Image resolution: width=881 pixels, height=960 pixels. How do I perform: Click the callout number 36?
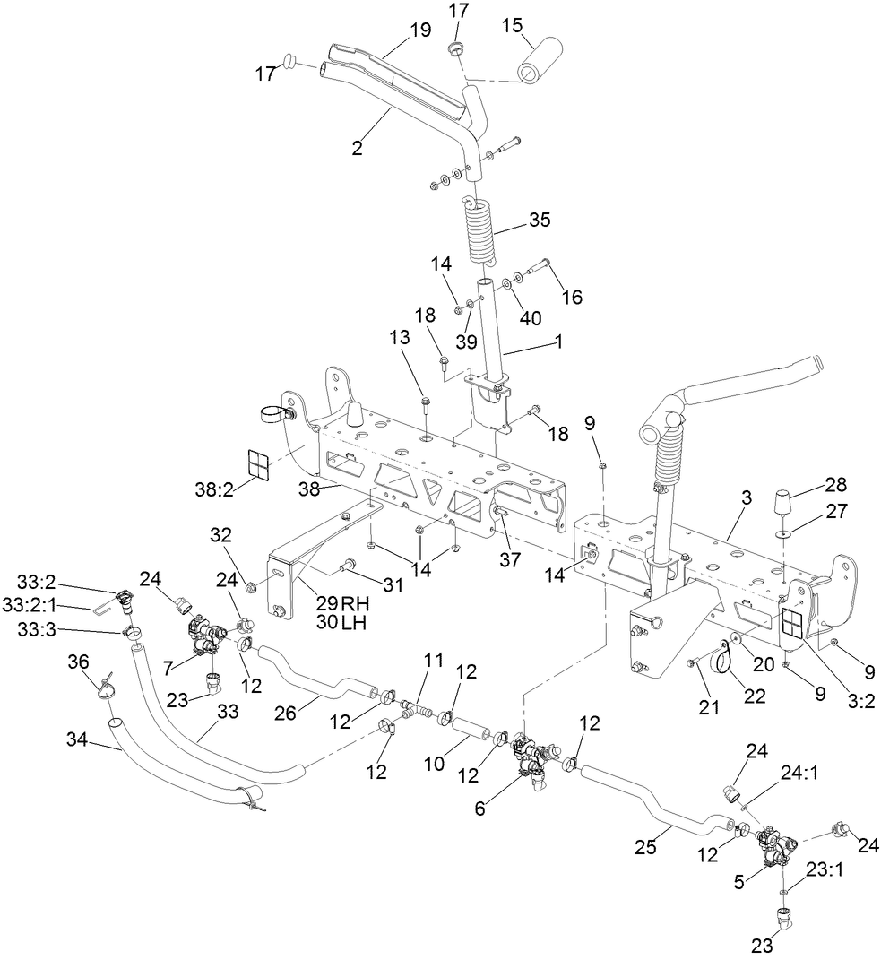pyautogui.click(x=79, y=662)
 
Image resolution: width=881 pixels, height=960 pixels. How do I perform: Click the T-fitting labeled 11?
pyautogui.click(x=411, y=705)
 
